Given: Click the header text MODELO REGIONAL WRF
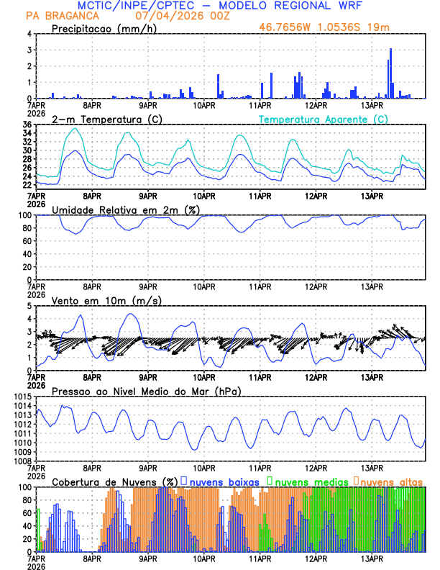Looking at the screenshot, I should tap(288, 6).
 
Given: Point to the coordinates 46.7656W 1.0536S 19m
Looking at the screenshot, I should tap(336, 28).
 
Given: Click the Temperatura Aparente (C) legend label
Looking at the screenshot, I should tap(323, 119).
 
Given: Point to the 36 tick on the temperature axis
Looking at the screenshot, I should tap(27, 125).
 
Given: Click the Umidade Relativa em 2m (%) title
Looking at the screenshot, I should tap(125, 209).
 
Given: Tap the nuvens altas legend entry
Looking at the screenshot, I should tap(389, 481).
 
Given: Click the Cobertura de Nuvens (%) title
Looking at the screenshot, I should tap(115, 481).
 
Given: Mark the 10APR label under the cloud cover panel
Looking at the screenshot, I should tap(204, 558).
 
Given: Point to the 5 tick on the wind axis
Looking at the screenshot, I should tap(29, 307).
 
